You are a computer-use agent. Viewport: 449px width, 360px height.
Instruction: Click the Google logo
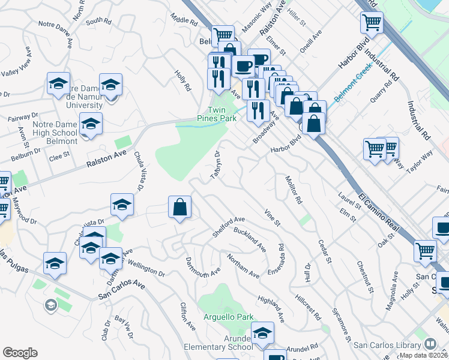coord(20,353)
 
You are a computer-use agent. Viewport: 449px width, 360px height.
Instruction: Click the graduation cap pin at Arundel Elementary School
coord(262,334)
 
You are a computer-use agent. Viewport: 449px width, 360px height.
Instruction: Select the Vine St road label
coord(272,217)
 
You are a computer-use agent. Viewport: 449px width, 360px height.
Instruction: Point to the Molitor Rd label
coord(293,189)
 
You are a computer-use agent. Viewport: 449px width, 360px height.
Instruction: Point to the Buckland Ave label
coord(250,239)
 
